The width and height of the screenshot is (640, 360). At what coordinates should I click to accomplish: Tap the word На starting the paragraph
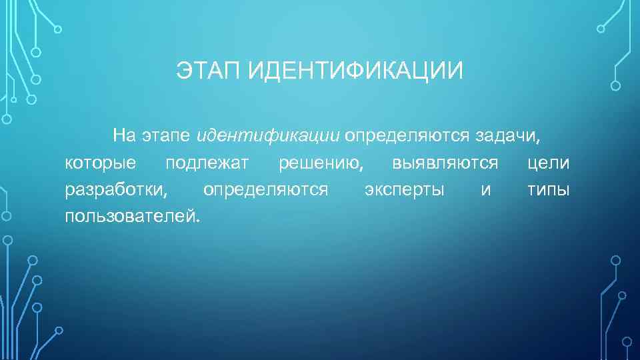pyautogui.click(x=124, y=136)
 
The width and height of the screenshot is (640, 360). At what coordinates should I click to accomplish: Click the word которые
pyautogui.click(x=101, y=163)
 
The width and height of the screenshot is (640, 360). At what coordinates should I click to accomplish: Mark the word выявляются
pyautogui.click(x=445, y=163)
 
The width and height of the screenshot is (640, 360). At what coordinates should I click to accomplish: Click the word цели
pyautogui.click(x=548, y=163)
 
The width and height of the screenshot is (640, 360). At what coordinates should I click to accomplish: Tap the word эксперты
pyautogui.click(x=405, y=190)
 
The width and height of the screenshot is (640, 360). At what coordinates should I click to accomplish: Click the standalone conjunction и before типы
pyautogui.click(x=485, y=190)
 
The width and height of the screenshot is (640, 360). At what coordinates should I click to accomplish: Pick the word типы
pyautogui.click(x=548, y=190)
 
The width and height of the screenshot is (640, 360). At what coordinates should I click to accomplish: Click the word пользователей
pyautogui.click(x=131, y=217)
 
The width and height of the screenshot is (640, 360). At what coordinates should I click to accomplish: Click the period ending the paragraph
pyautogui.click(x=197, y=221)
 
